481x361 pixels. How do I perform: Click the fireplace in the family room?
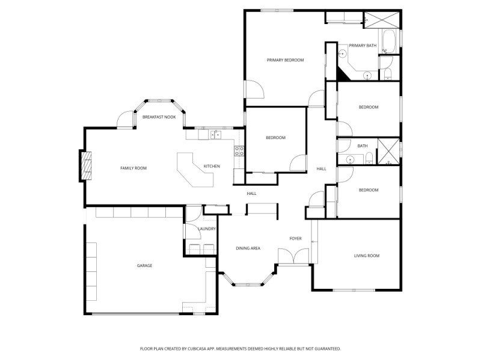pyautogui.click(x=88, y=165)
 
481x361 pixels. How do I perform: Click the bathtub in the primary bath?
pyautogui.click(x=388, y=42)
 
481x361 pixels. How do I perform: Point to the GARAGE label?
pyautogui.click(x=144, y=265)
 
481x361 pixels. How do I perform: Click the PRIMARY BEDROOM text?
pyautogui.click(x=285, y=60)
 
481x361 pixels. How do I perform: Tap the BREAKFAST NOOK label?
pyautogui.click(x=159, y=117)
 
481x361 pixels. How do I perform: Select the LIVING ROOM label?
pyautogui.click(x=366, y=256)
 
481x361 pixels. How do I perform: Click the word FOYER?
pyautogui.click(x=295, y=239)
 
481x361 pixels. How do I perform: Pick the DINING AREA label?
pyautogui.click(x=248, y=248)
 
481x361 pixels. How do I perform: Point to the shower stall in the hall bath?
pyautogui.click(x=388, y=151)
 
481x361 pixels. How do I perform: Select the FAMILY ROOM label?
pyautogui.click(x=133, y=168)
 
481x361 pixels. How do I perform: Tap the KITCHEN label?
pyautogui.click(x=212, y=166)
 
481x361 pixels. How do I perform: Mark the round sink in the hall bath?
pyautogui.click(x=350, y=159)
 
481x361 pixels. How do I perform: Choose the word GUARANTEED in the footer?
pyautogui.click(x=326, y=348)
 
